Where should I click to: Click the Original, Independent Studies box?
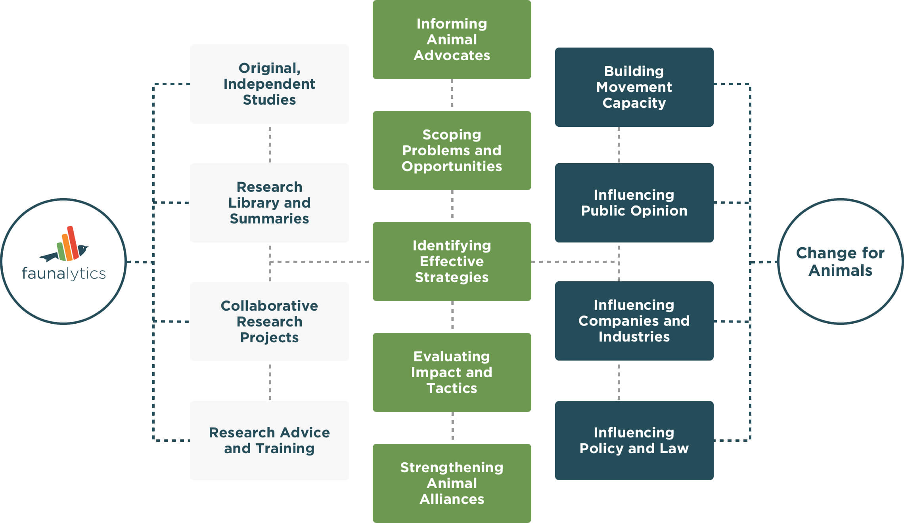pos(270,84)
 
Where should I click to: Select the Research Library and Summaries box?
pos(270,203)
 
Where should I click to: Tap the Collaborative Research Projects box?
pos(270,322)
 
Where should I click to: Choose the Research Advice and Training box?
pos(270,441)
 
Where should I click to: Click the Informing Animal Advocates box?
pos(452,40)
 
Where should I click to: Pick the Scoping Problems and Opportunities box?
pos(452,151)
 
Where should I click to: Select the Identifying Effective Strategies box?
pos(452,261)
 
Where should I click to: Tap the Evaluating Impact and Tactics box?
pos(452,372)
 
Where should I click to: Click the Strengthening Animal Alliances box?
pos(452,483)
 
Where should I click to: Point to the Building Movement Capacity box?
pos(634,87)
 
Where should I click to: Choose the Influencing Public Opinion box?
pos(634,203)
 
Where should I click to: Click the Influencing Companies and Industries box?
pos(634,321)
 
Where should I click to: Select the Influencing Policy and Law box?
pos(634,441)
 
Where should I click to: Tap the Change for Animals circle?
pos(841,261)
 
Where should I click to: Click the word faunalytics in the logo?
pos(64,273)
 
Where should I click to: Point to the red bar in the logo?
pos(73,242)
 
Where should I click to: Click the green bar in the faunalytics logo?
pos(61,251)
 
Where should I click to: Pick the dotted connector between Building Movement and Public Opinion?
pos(619,145)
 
